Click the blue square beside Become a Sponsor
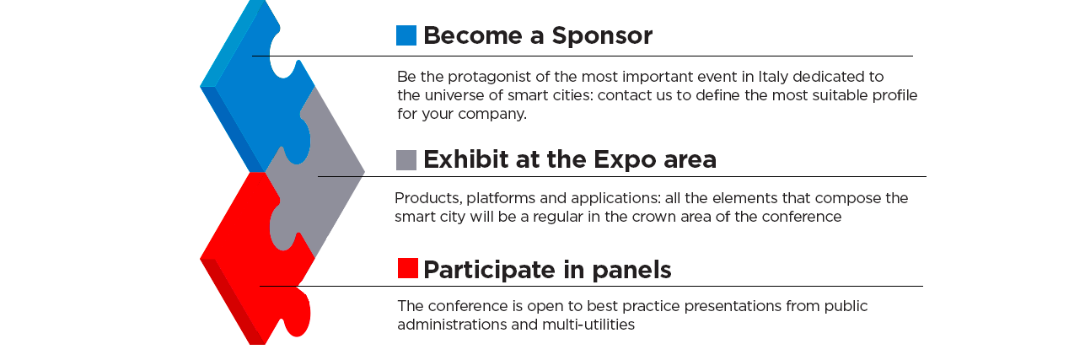[406, 35]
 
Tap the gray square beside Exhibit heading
[406, 160]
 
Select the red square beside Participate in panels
[408, 268]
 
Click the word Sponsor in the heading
[602, 35]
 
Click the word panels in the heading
[631, 271]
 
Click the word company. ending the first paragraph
[492, 115]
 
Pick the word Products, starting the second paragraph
[428, 198]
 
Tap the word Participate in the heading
[490, 271]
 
